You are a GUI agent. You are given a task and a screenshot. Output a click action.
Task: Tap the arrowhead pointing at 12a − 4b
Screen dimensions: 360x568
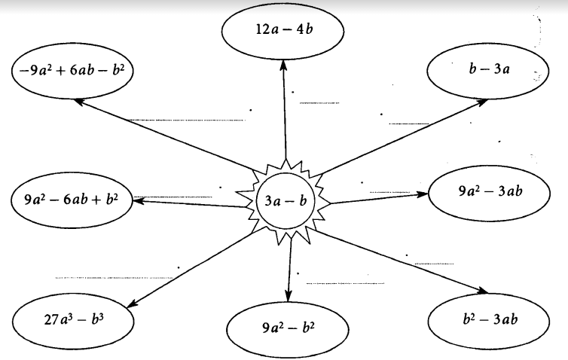[284, 66]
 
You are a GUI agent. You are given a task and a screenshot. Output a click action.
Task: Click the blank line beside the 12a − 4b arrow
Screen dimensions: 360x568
[319, 103]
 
